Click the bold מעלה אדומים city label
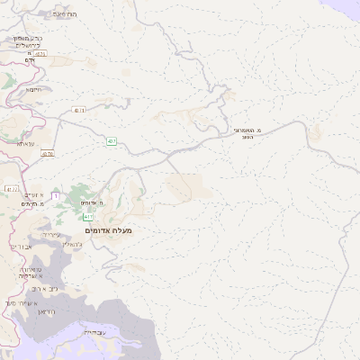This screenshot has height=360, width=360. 109,231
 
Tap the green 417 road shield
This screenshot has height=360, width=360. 88,218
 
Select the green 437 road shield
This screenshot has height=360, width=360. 111,141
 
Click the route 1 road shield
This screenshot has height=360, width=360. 56,196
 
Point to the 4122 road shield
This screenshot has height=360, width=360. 12,189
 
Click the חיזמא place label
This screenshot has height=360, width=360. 34,89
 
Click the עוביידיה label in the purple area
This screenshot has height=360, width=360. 93,332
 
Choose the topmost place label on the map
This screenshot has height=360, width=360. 66,15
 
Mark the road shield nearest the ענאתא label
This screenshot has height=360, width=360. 48,154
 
